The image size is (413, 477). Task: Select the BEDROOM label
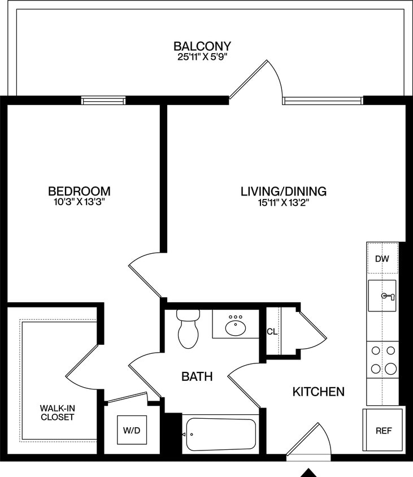click(79, 191)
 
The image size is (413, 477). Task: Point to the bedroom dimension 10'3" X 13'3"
click(79, 202)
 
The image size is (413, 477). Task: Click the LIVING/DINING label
click(284, 191)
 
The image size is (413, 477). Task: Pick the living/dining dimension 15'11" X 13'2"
click(284, 202)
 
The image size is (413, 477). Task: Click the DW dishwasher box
click(382, 259)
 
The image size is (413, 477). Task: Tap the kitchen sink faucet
click(388, 296)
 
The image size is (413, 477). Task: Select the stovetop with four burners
click(382, 360)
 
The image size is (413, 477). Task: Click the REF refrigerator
click(384, 430)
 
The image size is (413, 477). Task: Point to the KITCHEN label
click(319, 391)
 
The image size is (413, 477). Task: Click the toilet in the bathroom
click(188, 329)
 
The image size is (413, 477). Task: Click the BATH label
click(197, 376)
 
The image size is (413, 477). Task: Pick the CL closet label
click(272, 332)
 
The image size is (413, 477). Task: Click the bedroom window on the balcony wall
click(103, 101)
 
